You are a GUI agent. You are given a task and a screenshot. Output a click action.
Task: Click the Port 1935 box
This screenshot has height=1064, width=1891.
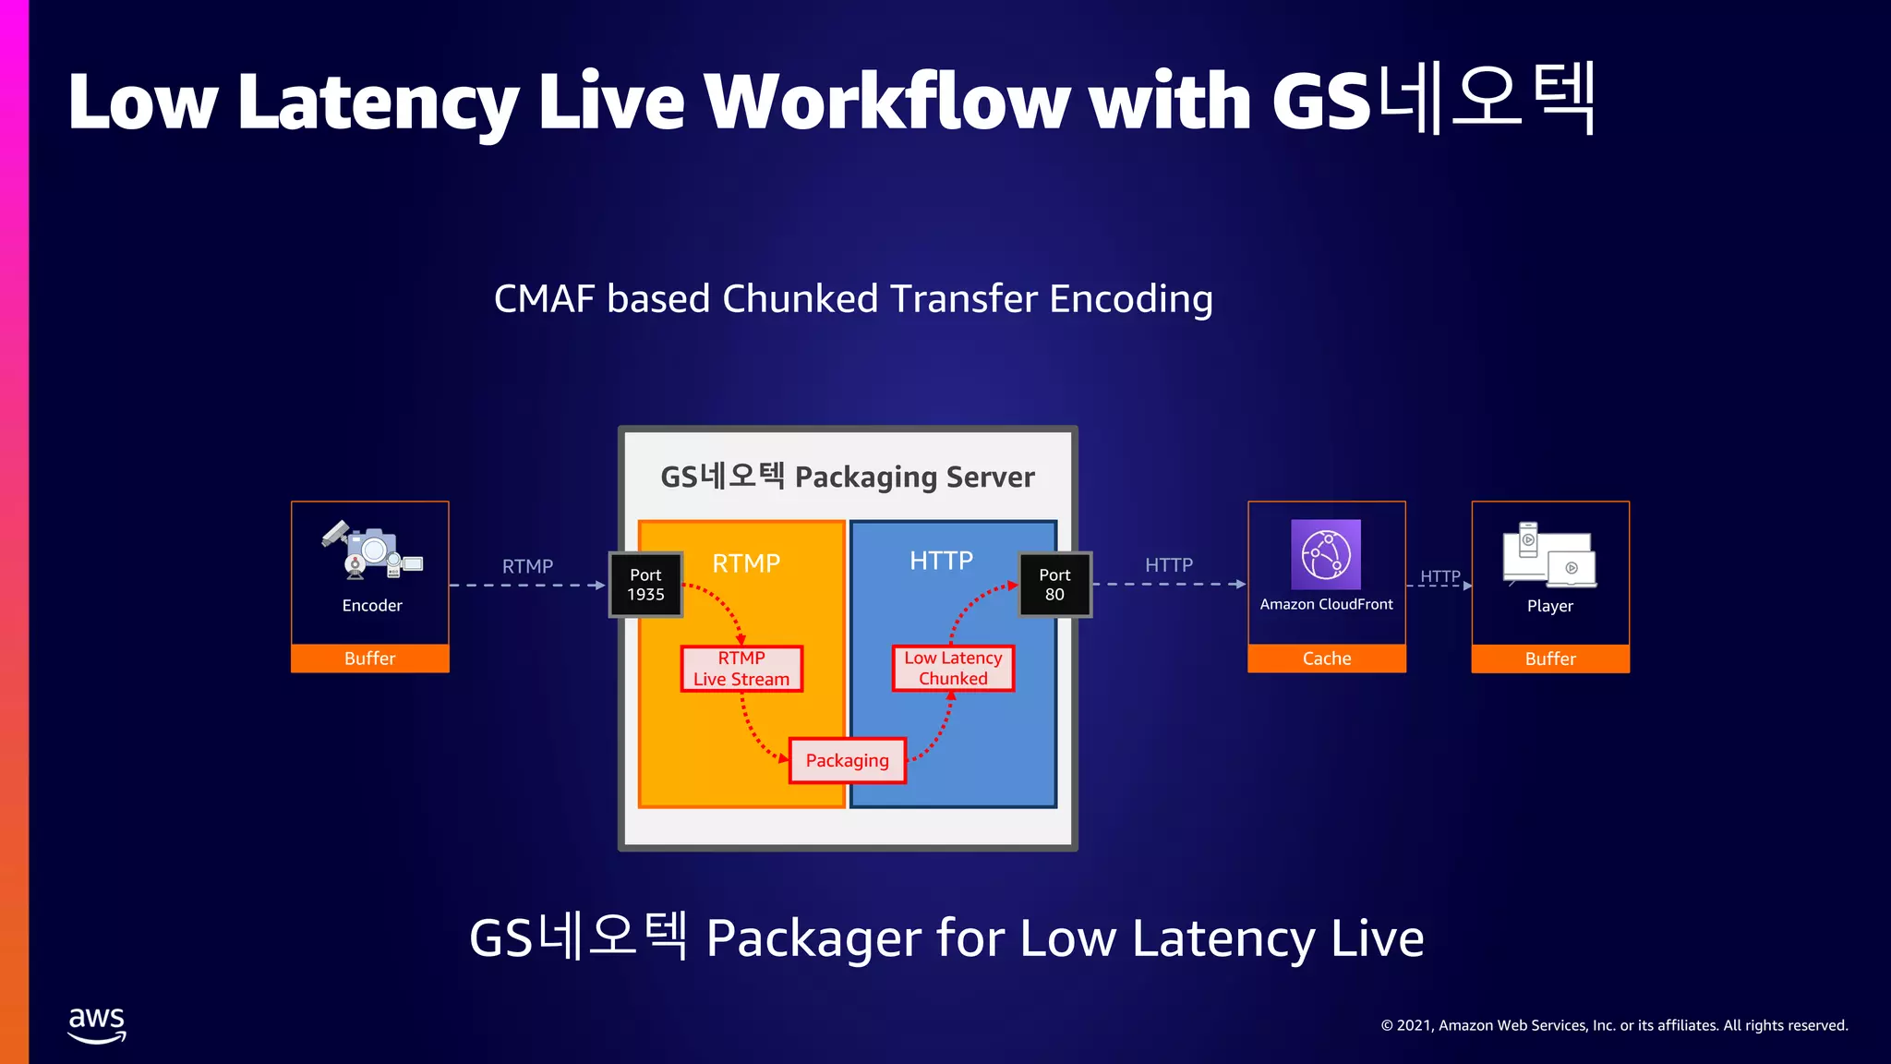[x=645, y=585]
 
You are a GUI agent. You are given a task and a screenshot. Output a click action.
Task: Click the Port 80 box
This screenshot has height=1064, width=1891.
[x=1054, y=585]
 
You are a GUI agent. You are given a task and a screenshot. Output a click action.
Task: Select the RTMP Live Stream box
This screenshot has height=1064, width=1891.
[x=741, y=669]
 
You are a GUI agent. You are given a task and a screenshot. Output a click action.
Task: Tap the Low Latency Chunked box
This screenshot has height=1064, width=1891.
[x=953, y=668]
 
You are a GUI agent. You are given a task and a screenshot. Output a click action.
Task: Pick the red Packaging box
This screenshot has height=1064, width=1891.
[x=847, y=760]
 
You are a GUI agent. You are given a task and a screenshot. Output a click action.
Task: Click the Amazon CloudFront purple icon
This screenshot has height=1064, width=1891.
[x=1325, y=554]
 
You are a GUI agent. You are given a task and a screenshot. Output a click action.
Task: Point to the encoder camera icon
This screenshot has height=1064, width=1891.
[x=371, y=550]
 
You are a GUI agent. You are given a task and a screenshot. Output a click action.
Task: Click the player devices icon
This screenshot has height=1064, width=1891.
[x=1549, y=555]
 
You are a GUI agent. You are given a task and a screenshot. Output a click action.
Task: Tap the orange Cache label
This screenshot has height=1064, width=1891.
[x=1326, y=659]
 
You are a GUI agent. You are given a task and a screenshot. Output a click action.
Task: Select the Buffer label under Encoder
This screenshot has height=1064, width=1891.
[x=369, y=659]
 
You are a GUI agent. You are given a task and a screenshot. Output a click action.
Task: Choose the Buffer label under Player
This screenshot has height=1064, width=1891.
[x=1549, y=659]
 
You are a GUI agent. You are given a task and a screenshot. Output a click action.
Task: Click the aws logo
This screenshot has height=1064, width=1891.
[x=97, y=1024]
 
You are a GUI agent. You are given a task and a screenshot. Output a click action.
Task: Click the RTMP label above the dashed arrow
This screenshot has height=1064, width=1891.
[x=527, y=566]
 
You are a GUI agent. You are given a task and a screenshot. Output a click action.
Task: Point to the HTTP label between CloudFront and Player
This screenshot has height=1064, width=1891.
[x=1439, y=576]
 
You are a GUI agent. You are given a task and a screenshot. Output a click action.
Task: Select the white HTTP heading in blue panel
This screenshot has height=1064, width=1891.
[x=941, y=561]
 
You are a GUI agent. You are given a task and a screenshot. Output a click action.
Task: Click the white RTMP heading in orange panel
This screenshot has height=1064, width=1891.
[x=746, y=562]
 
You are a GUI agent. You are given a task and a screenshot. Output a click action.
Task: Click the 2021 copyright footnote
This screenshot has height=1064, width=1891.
[x=1613, y=1025]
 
